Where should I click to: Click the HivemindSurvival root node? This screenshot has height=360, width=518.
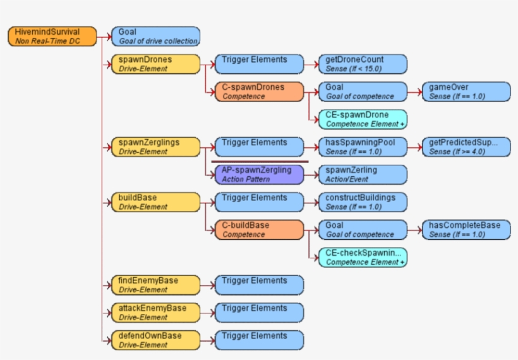pyautogui.click(x=52, y=37)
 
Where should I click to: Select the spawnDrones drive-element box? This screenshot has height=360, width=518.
pyautogui.click(x=155, y=64)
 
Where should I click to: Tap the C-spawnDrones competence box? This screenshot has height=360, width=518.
pyautogui.click(x=259, y=92)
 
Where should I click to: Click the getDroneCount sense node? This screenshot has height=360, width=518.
pyautogui.click(x=363, y=64)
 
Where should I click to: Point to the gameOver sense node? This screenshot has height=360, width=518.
pyautogui.click(x=466, y=92)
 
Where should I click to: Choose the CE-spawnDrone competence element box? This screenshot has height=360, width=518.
pyautogui.click(x=363, y=119)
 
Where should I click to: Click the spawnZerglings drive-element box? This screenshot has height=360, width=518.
pyautogui.click(x=155, y=147)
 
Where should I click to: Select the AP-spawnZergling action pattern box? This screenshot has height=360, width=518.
pyautogui.click(x=259, y=174)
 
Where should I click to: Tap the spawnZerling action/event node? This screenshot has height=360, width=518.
pyautogui.click(x=363, y=174)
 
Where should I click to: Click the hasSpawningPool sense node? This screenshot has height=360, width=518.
pyautogui.click(x=363, y=147)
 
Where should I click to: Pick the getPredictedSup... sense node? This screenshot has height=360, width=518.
pyautogui.click(x=466, y=147)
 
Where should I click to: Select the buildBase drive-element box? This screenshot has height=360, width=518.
pyautogui.click(x=155, y=202)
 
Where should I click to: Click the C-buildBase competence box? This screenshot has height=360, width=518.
pyautogui.click(x=259, y=230)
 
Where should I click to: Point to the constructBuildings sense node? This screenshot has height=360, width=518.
pyautogui.click(x=363, y=202)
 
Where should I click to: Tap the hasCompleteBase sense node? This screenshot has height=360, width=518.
pyautogui.click(x=466, y=230)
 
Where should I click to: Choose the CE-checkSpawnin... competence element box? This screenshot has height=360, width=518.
pyautogui.click(x=363, y=257)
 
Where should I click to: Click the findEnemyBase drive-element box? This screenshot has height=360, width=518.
pyautogui.click(x=155, y=285)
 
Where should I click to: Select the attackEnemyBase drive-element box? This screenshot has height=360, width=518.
pyautogui.click(x=155, y=313)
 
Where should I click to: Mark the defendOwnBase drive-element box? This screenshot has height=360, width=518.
pyautogui.click(x=155, y=340)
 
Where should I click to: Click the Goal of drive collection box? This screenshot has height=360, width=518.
pyautogui.click(x=155, y=37)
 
